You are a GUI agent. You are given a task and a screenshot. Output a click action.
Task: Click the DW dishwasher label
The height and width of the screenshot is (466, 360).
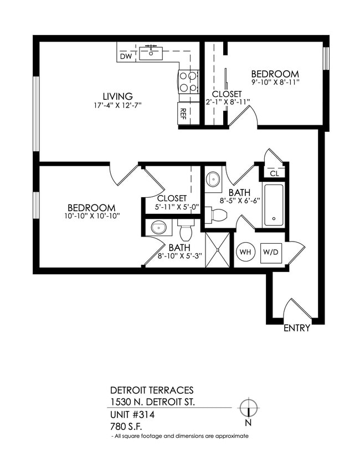coord(126,56)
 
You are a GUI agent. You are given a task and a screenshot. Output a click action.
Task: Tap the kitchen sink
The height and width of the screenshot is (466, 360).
coord(150,53)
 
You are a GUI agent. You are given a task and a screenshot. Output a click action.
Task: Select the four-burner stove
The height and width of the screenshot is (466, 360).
coord(188,82)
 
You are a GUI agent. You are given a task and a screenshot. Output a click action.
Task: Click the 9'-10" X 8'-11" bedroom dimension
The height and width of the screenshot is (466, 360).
coord(275,84)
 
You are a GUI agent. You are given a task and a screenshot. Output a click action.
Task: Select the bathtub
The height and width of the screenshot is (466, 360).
coord(274,205)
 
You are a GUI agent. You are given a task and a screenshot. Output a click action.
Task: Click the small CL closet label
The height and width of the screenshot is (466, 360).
coord(274,173)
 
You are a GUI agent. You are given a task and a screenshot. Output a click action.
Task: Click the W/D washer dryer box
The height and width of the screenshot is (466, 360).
coord(271,252)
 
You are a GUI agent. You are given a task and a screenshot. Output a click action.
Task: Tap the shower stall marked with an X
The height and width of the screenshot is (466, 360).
coord(217,250)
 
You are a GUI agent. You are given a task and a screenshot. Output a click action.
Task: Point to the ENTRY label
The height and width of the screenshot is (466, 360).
coord(297,328)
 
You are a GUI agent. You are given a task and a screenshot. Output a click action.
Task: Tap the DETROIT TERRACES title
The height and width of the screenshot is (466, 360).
coord(152,391)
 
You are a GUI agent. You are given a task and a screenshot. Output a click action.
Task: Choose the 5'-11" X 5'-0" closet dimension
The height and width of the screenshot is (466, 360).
coord(172,206)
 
